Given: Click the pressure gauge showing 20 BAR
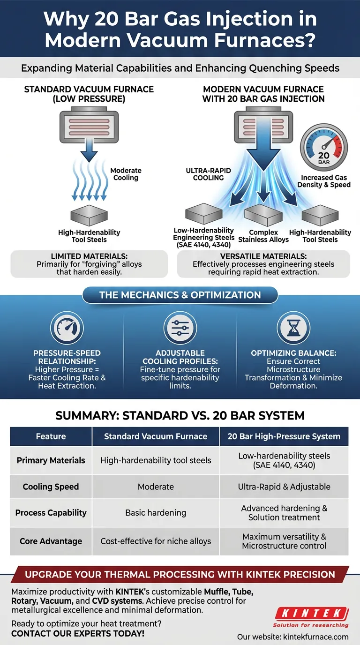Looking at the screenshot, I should point(324,150).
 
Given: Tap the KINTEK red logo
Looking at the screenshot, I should point(311,613).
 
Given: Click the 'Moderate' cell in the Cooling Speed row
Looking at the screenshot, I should point(156,487).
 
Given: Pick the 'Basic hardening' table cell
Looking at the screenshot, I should point(156,513).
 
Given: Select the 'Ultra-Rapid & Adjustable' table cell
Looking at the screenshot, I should point(284,487).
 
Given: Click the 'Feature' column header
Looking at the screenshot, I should point(51,436).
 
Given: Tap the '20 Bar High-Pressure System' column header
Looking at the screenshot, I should point(284,436).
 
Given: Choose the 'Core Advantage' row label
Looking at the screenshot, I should point(51,541).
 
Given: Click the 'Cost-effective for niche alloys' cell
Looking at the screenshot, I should point(156,541).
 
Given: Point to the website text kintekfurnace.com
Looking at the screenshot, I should point(293,637).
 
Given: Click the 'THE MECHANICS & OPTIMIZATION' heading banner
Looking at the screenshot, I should point(180,295).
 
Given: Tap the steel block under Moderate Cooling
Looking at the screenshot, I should point(89,215).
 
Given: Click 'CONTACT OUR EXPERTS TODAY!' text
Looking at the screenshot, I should point(78,634).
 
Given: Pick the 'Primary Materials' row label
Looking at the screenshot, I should point(51,460).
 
